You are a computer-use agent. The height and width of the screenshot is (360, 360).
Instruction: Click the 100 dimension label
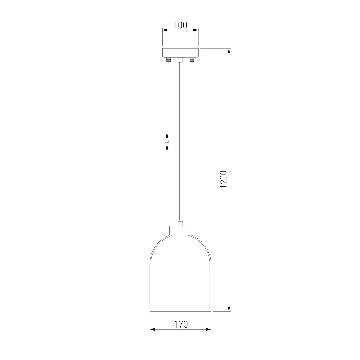click(180, 25)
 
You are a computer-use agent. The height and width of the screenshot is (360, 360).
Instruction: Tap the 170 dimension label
click(181, 325)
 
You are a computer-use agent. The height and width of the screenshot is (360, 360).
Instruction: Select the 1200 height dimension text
click(223, 179)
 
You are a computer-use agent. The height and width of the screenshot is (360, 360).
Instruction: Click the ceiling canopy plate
click(180, 53)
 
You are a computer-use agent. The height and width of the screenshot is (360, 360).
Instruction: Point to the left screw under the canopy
click(169, 60)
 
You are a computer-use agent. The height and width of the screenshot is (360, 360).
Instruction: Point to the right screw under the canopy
click(192, 60)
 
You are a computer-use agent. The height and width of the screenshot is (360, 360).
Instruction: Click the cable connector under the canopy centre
click(180, 60)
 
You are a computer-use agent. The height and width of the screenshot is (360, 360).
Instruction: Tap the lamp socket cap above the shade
click(180, 230)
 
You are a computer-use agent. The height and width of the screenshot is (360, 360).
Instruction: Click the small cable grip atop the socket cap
click(180, 223)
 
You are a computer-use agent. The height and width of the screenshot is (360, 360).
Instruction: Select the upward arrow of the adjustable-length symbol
click(167, 136)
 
